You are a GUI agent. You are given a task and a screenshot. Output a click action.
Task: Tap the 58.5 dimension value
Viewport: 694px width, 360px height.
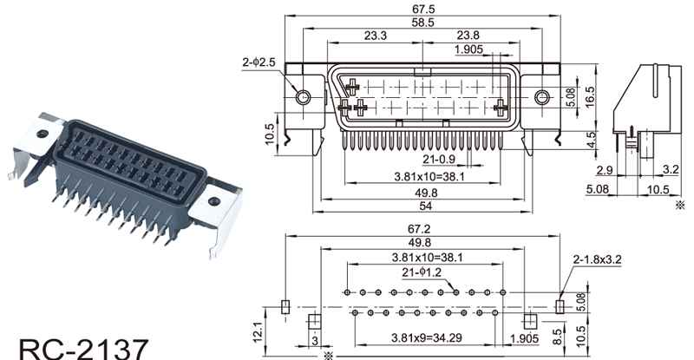[423, 23]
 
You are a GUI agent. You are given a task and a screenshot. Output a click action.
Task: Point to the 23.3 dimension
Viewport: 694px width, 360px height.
[375, 36]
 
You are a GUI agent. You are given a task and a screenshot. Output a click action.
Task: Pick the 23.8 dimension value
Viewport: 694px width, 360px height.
[468, 36]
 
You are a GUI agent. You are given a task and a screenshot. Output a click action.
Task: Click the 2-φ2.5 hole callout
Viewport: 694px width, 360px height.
[260, 62]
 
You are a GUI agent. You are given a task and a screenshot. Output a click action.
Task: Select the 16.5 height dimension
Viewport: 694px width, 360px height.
[589, 95]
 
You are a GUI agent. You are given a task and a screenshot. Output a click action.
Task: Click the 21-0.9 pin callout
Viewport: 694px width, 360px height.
[440, 160]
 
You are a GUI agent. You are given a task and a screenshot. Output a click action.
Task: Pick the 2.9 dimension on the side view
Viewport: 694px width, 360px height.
[606, 169]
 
